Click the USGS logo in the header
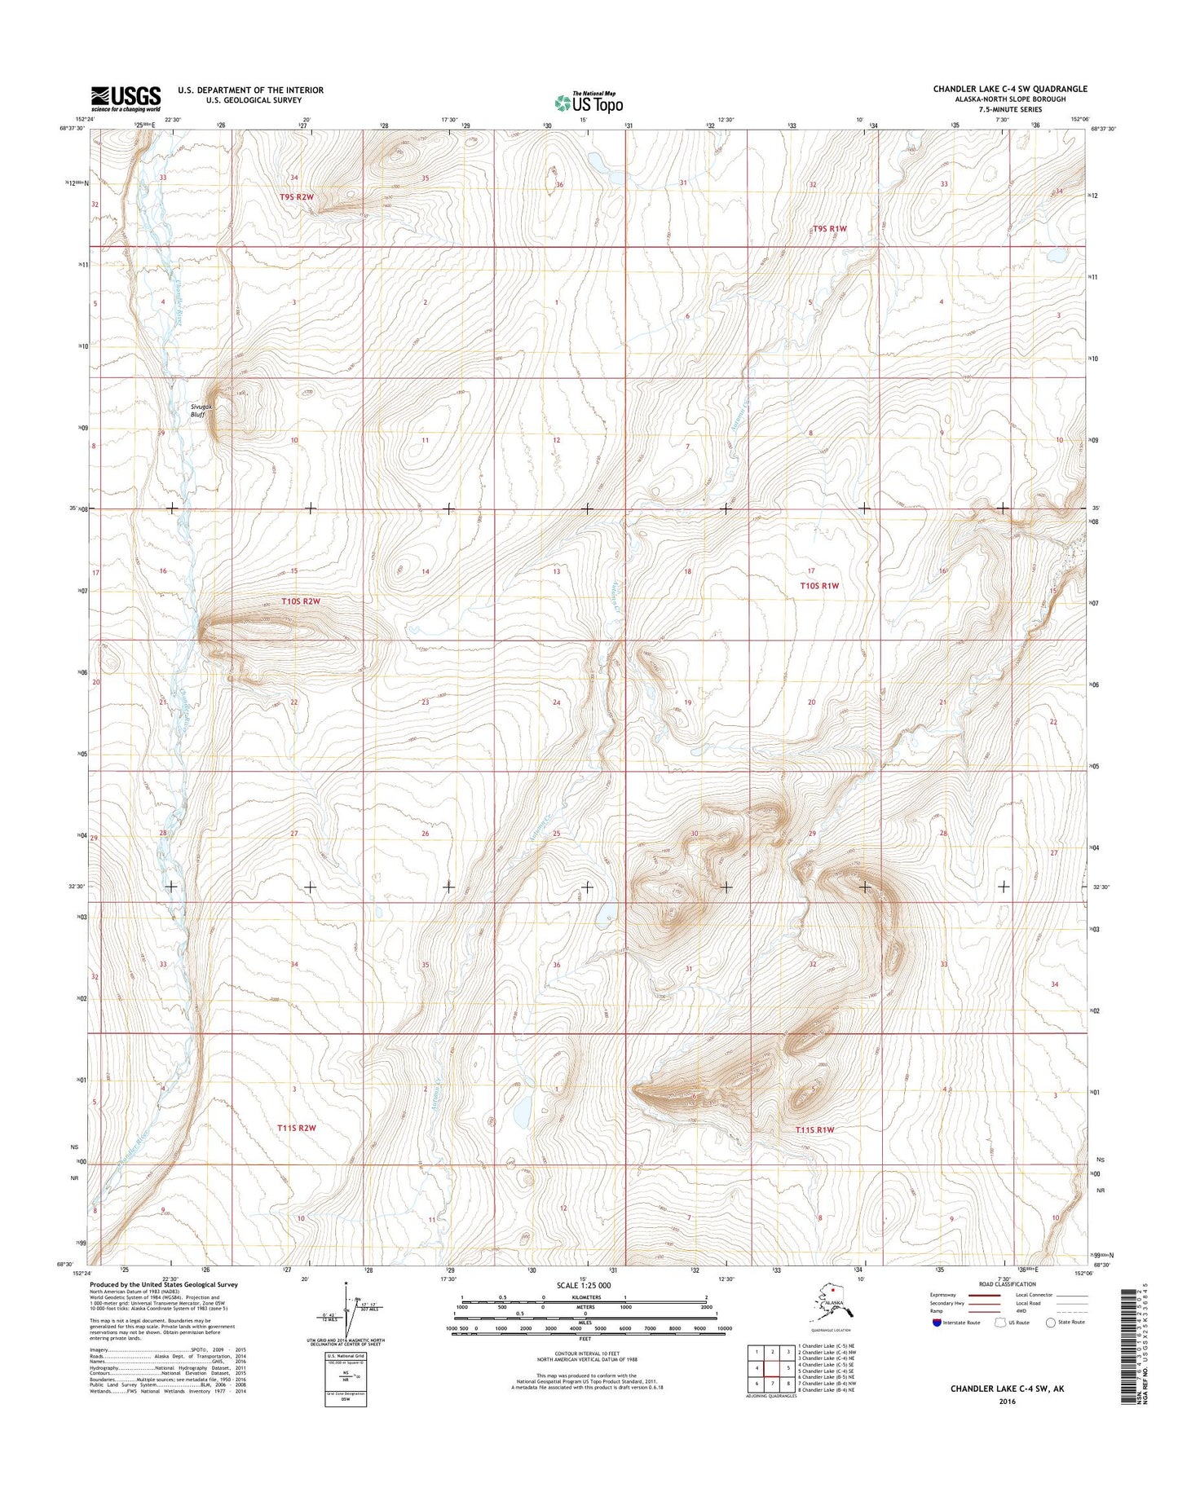point(126,99)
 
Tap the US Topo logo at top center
point(589,102)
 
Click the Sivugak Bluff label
point(201,410)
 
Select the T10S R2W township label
point(301,601)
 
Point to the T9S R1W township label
point(829,229)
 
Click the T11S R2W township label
point(295,1128)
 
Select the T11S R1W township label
point(814,1129)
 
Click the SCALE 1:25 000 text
point(583,1285)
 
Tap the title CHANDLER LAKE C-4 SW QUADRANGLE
point(1010,89)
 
